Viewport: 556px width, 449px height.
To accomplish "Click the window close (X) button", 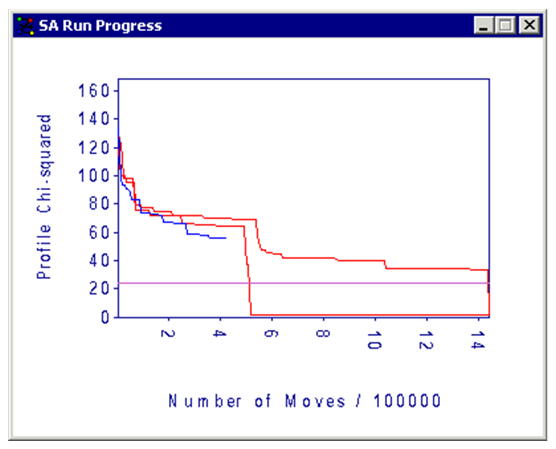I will [x=529, y=25].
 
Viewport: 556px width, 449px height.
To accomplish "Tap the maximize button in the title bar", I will [x=505, y=25].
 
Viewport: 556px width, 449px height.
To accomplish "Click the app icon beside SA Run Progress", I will [x=25, y=25].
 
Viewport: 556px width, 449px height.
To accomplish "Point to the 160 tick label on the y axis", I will [x=93, y=91].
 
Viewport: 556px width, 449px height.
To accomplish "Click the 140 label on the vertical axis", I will [x=93, y=119].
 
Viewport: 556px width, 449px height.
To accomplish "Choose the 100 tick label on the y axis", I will [x=93, y=176].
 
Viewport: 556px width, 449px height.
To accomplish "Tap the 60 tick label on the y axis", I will [x=99, y=232].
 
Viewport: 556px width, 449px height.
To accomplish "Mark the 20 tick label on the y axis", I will [x=99, y=288].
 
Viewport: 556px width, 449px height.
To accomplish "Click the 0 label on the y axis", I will [x=105, y=317].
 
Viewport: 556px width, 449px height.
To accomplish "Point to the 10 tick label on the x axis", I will [x=375, y=340].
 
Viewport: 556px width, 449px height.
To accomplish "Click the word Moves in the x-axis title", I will [x=315, y=401].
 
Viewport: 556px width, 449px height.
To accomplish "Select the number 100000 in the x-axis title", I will [x=407, y=401].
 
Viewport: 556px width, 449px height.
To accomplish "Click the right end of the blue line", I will [x=225, y=238].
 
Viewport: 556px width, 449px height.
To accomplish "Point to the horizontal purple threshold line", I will [x=344, y=283].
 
